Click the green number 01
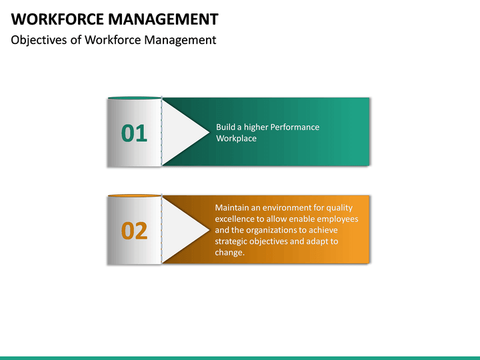tap(134, 133)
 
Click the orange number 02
tap(134, 231)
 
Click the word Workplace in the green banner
tap(236, 139)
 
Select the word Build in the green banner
tap(226, 127)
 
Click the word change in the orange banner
tap(229, 253)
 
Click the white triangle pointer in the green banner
tap(183, 131)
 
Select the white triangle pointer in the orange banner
tap(183, 229)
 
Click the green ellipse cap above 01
tap(134, 98)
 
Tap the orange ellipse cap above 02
tap(134, 196)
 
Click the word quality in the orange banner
tap(338, 207)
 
